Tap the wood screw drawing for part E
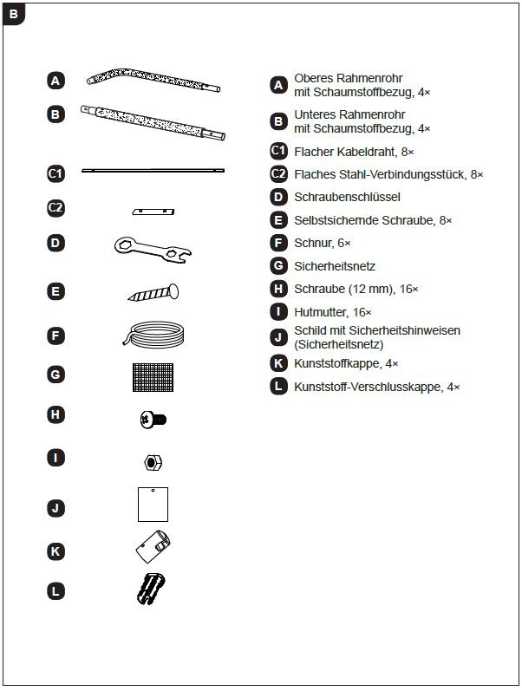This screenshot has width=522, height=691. click(154, 292)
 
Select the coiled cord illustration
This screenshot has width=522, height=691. click(153, 334)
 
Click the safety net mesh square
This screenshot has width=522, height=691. click(153, 375)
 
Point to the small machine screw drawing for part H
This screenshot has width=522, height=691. click(153, 420)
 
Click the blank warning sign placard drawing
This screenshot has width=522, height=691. click(153, 504)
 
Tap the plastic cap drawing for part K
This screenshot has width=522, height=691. click(154, 548)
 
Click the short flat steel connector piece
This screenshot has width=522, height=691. click(153, 211)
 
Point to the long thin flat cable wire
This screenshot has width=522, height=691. click(153, 171)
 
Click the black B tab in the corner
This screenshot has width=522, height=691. click(14, 15)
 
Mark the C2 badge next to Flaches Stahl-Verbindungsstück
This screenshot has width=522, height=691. click(278, 174)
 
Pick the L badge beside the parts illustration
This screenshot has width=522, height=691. click(55, 591)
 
